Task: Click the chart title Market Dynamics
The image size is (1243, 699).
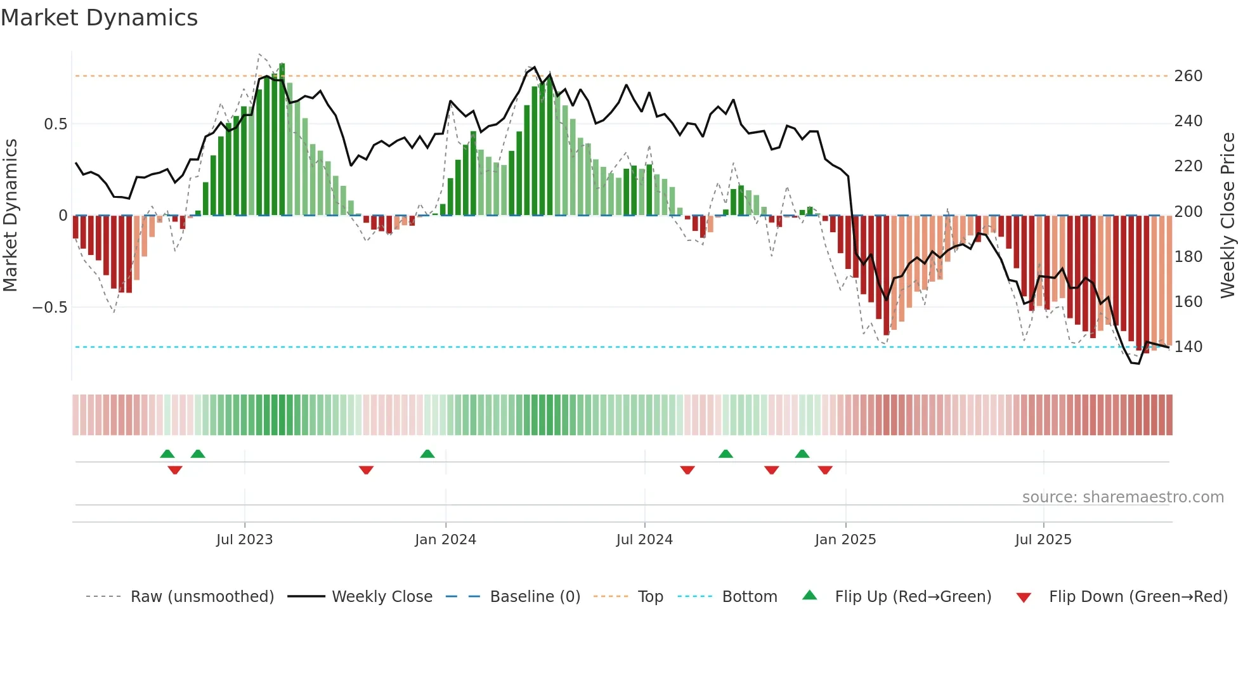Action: pos(99,18)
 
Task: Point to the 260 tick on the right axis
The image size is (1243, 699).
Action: pos(1188,76)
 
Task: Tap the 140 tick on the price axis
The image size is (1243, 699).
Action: pos(1188,347)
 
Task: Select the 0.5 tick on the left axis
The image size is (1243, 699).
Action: pos(55,124)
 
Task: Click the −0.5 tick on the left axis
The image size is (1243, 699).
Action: pos(50,308)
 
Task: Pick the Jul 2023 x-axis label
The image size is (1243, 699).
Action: pos(244,540)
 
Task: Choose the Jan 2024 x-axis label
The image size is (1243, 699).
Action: pos(445,540)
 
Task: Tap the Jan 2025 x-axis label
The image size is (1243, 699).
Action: pos(845,540)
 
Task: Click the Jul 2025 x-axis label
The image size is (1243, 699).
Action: pos(1043,540)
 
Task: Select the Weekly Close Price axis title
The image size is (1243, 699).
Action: pos(1228,216)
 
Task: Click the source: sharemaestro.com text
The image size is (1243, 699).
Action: pos(1123,497)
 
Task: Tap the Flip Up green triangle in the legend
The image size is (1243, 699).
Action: pos(810,596)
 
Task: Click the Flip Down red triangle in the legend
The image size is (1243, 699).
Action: pos(1024,598)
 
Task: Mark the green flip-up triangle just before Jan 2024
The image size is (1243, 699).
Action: pos(427,454)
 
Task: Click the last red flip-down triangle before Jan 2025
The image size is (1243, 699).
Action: pos(825,470)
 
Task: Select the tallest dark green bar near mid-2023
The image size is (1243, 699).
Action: pos(282,140)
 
